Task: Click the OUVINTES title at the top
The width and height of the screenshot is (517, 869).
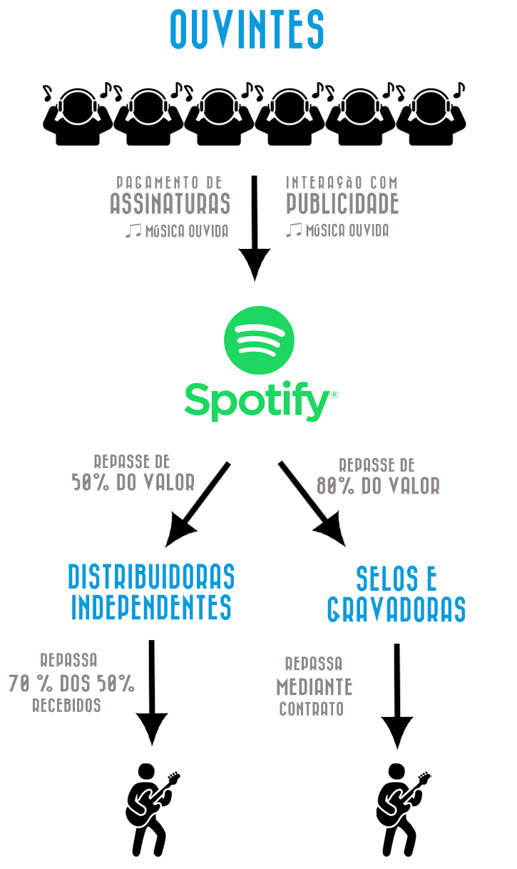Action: pyautogui.click(x=247, y=29)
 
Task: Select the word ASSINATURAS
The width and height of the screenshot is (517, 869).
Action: pyautogui.click(x=170, y=205)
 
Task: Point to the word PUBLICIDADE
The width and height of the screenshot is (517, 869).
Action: pyautogui.click(x=342, y=205)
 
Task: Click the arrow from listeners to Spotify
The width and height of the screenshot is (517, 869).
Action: pyautogui.click(x=255, y=228)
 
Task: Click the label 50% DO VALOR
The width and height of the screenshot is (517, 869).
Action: pyautogui.click(x=133, y=483)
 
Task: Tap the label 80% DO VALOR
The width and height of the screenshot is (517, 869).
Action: pyautogui.click(x=378, y=486)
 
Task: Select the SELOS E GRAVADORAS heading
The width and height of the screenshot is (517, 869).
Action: pyautogui.click(x=396, y=594)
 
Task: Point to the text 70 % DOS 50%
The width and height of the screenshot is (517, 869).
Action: pyautogui.click(x=71, y=683)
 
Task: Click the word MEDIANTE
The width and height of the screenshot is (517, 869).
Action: pyautogui.click(x=314, y=687)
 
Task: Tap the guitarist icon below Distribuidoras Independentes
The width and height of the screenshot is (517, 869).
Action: pyautogui.click(x=150, y=810)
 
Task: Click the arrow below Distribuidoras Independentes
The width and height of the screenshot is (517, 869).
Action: pyautogui.click(x=151, y=692)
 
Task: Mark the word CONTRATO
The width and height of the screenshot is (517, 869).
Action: pyautogui.click(x=312, y=709)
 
